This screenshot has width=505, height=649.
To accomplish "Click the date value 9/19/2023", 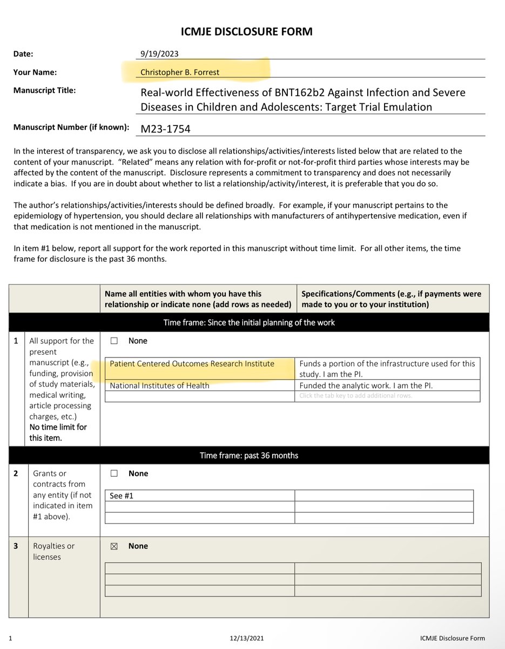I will point(159,54).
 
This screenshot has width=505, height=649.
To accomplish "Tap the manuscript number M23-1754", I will point(165,129).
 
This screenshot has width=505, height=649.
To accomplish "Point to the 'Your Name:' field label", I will point(35,72).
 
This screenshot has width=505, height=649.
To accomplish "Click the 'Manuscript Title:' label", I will point(45,90).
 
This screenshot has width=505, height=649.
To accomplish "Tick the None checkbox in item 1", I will point(114,341).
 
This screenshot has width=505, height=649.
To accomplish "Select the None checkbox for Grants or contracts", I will point(114,474).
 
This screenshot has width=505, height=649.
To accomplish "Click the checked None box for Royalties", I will point(114,546).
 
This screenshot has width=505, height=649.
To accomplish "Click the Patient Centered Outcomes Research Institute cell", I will point(192,363).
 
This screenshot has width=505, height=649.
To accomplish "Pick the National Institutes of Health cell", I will point(159,386).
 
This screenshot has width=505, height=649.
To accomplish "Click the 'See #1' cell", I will point(122,495).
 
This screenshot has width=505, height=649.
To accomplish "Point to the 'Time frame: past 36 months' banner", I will point(249,455).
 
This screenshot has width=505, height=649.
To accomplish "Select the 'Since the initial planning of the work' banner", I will point(249,323).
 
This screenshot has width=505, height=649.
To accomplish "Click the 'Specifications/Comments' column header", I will point(391,299).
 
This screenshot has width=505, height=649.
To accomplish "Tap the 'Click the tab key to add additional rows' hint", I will point(355,395).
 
